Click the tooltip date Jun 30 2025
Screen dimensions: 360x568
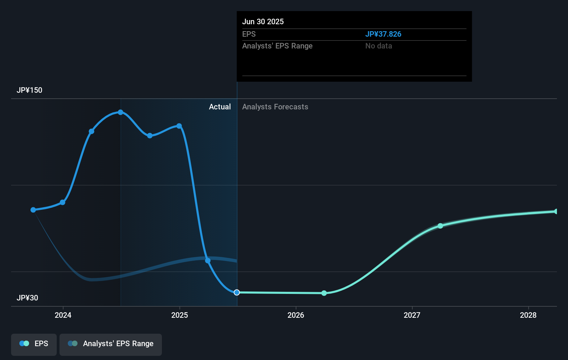click(263, 21)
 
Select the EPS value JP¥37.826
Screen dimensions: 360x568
click(383, 34)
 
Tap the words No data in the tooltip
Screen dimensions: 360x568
click(378, 46)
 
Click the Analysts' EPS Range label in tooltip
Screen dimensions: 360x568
click(277, 46)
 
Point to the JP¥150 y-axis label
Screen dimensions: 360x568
click(29, 90)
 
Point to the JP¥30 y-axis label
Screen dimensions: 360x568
click(27, 298)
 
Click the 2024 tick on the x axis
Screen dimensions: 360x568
click(63, 315)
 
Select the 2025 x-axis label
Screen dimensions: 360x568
click(180, 315)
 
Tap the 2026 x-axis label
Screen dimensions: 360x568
click(296, 315)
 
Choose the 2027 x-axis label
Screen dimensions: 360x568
click(412, 315)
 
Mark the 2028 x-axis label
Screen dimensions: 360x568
click(528, 315)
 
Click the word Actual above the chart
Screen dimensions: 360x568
click(220, 107)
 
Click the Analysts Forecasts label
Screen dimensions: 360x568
click(275, 107)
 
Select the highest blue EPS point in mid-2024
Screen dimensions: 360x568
click(120, 112)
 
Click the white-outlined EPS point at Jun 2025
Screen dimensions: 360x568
click(237, 292)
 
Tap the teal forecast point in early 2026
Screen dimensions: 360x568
click(324, 293)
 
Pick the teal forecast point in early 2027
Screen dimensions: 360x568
click(440, 226)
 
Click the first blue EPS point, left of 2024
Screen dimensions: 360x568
click(33, 210)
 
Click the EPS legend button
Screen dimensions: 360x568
click(34, 344)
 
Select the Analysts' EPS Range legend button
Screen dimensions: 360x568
click(111, 344)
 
